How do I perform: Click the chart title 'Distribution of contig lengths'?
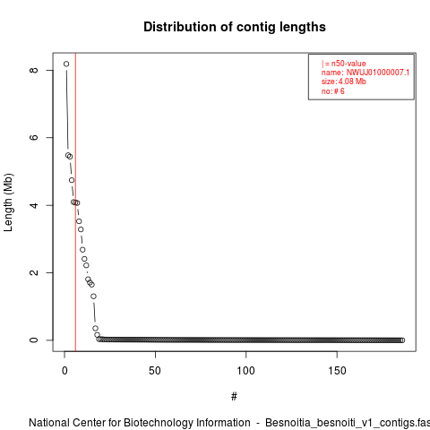(235, 27)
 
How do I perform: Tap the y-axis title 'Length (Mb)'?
(8, 202)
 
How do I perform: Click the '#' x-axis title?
(234, 397)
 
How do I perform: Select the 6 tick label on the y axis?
(34, 137)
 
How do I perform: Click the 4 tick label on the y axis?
(34, 205)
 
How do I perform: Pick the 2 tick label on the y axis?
(34, 272)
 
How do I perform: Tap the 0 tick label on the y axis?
(34, 340)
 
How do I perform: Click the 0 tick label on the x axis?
(64, 371)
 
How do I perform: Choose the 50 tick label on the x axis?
(155, 371)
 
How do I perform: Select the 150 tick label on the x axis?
(337, 371)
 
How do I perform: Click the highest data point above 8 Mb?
(66, 64)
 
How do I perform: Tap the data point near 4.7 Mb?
(72, 180)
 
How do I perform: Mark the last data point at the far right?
(402, 340)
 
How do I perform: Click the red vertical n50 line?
(75, 202)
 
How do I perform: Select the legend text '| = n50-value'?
(344, 64)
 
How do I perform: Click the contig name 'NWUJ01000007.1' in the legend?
(378, 73)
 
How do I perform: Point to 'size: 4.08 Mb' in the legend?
(344, 82)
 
